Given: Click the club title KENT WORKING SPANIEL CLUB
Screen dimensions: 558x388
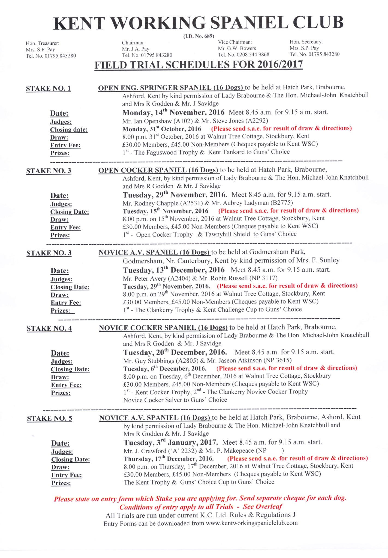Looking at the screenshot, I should pyautogui.click(x=198, y=23).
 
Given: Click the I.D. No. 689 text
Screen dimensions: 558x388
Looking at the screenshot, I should pyautogui.click(x=198, y=36).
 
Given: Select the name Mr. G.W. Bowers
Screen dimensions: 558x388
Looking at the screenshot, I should pyautogui.click(x=237, y=48).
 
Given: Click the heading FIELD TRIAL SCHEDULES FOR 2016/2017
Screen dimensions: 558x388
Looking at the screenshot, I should pyautogui.click(x=198, y=65).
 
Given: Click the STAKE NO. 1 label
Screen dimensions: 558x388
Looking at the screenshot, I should pyautogui.click(x=48, y=89).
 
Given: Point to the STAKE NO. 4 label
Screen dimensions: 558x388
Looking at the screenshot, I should pyautogui.click(x=49, y=329).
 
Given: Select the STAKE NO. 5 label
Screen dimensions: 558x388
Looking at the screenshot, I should pyautogui.click(x=50, y=418).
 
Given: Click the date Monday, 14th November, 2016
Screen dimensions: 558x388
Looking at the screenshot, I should pyautogui.click(x=173, y=112).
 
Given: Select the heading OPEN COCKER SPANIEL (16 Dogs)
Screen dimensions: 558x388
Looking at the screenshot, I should pyautogui.click(x=158, y=170).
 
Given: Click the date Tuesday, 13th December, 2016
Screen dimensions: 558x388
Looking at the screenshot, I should pyautogui.click(x=174, y=270).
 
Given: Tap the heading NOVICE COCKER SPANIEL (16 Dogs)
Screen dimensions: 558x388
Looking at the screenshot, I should pyautogui.click(x=163, y=328).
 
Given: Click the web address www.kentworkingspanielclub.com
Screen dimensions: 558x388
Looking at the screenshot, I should pyautogui.click(x=252, y=523).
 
